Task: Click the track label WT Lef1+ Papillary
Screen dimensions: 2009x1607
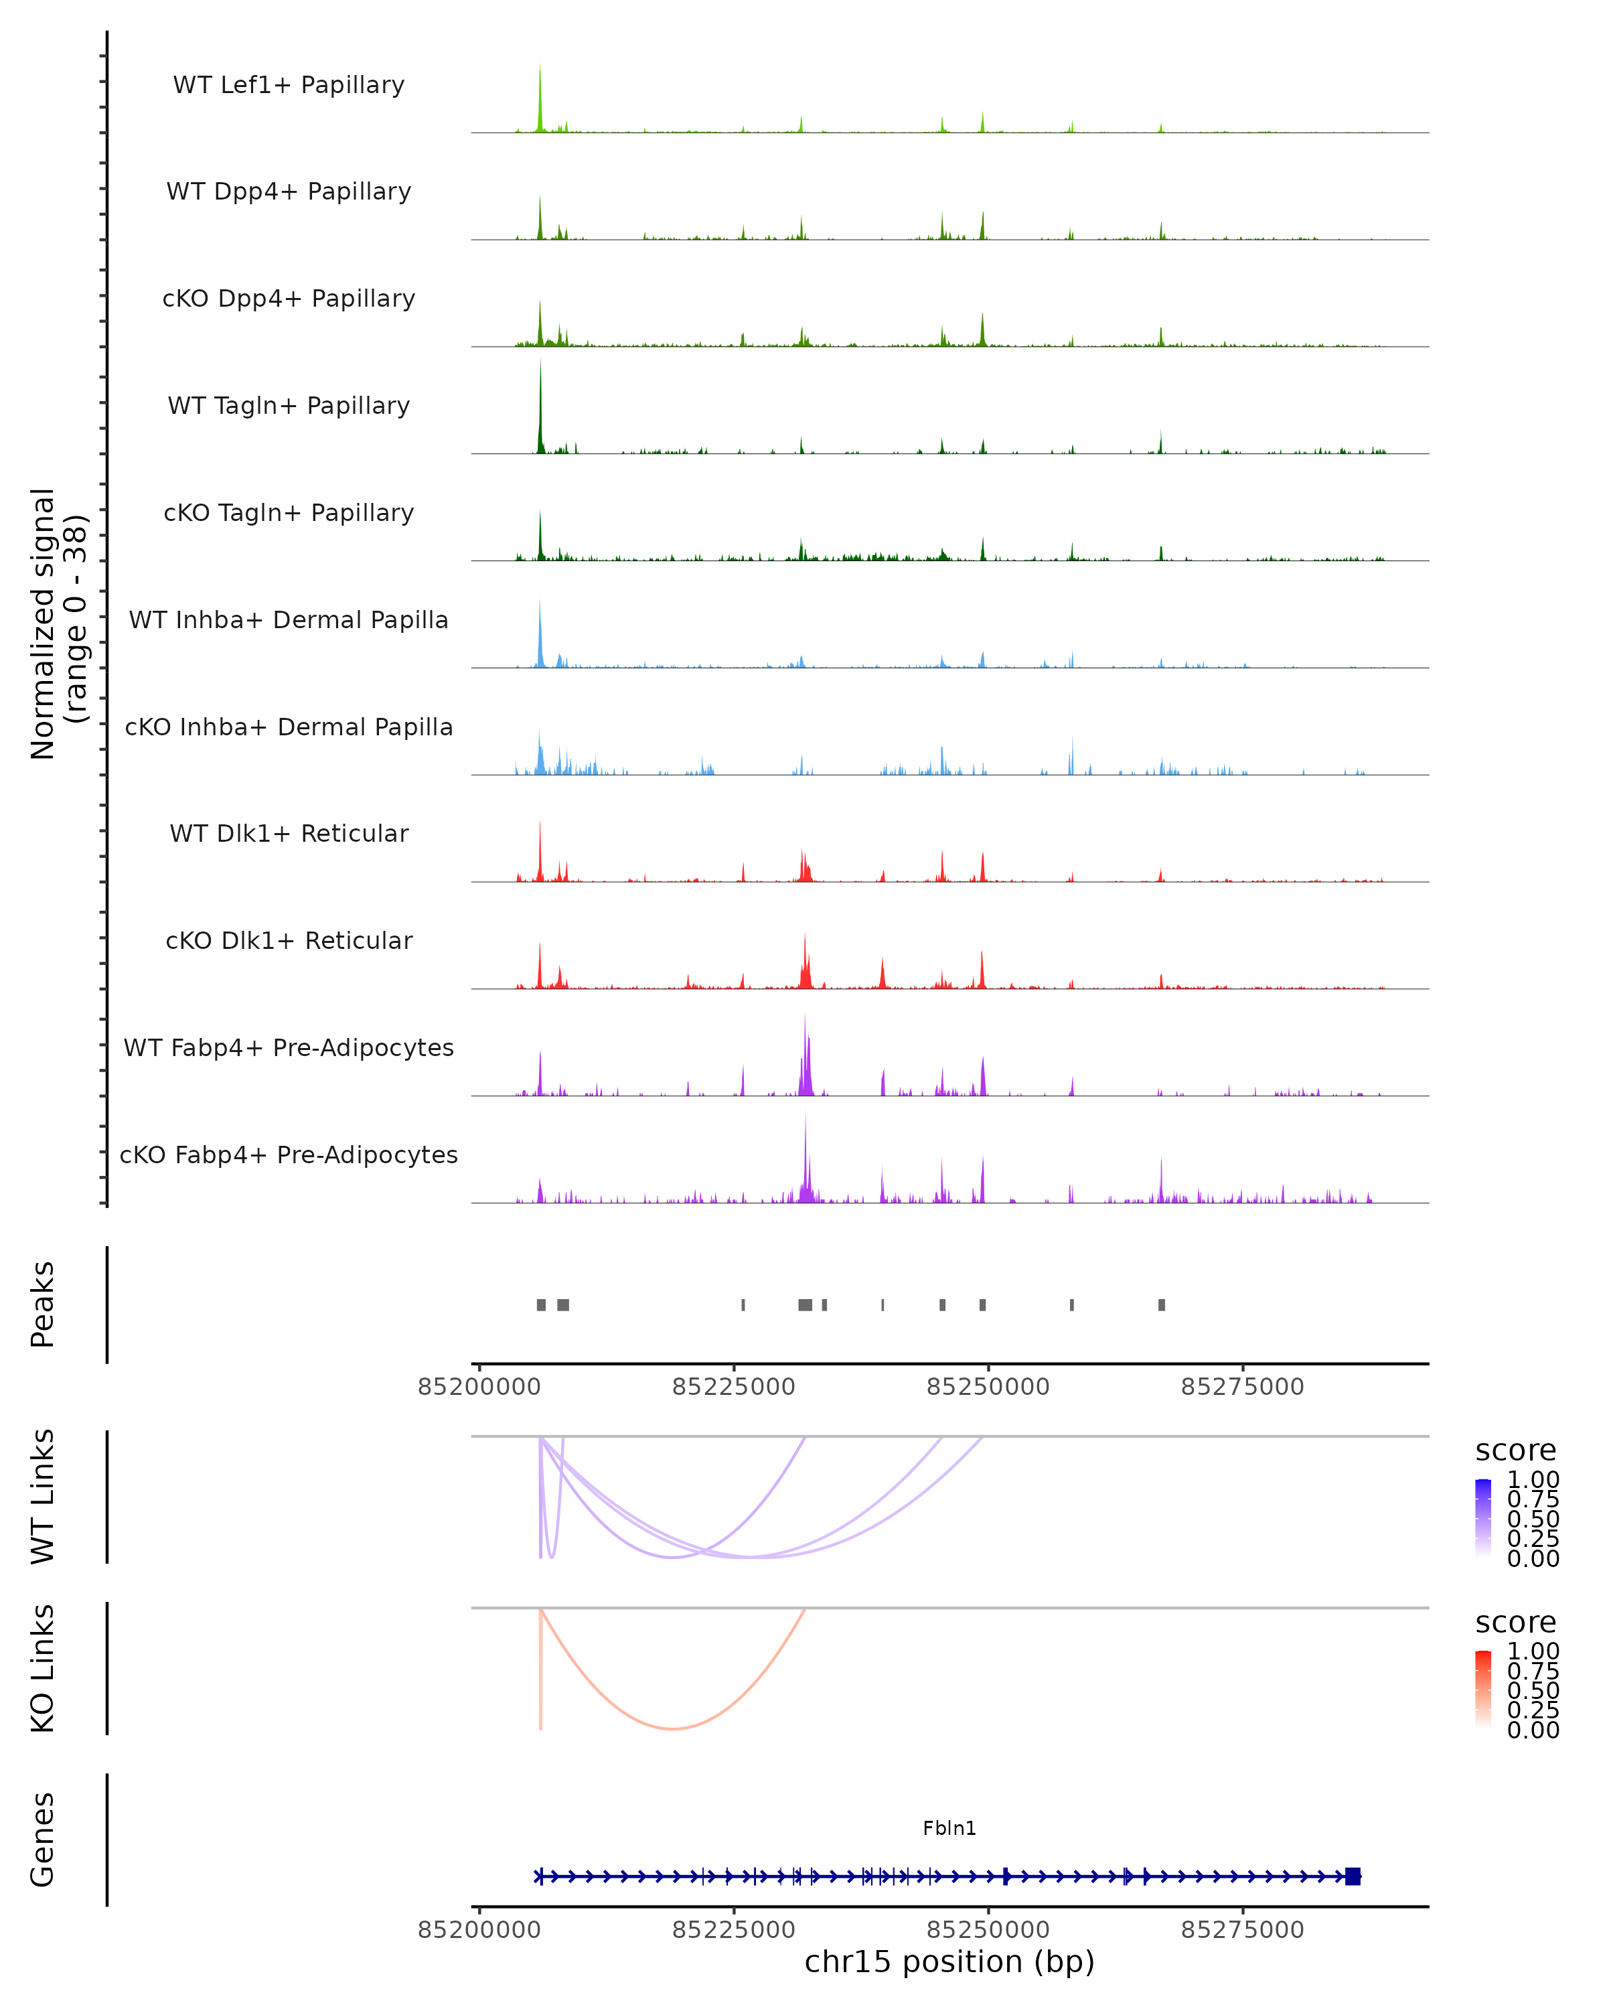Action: click(x=289, y=85)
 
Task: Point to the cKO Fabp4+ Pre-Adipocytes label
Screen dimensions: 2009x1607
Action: click(x=289, y=1155)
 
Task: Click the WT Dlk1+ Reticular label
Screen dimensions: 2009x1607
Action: click(x=289, y=833)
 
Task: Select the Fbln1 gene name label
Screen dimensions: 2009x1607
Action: click(x=949, y=1828)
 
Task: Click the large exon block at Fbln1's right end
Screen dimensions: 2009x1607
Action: click(x=1353, y=1876)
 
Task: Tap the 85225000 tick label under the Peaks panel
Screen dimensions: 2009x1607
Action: click(x=733, y=1387)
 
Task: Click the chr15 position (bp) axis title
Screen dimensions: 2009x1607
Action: click(x=949, y=1961)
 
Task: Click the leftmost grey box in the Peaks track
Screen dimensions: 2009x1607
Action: click(x=541, y=1305)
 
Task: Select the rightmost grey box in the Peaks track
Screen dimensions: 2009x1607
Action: click(x=1162, y=1305)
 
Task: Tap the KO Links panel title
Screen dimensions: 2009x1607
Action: click(x=43, y=1669)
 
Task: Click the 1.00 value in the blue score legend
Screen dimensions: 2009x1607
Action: click(x=1533, y=1480)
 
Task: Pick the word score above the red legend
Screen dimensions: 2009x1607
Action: click(x=1516, y=1623)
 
